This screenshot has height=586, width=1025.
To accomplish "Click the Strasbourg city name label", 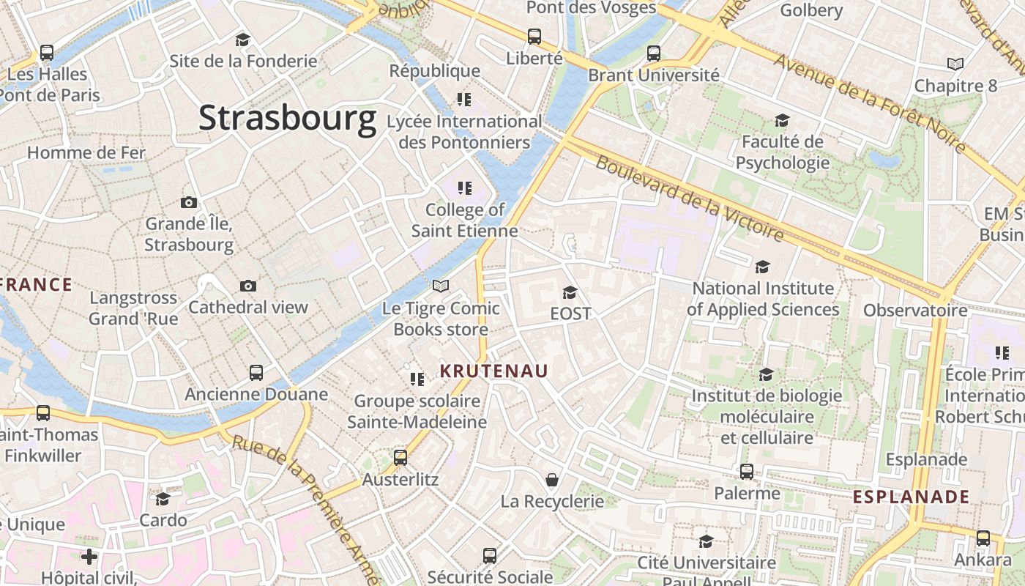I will pos(287,118).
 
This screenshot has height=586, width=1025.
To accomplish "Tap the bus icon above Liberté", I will pos(534,36).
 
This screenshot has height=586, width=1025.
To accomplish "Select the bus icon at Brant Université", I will pos(653,53).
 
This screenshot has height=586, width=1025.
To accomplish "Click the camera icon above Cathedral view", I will pos(248,286).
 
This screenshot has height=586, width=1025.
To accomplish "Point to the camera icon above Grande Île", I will pos(189,202).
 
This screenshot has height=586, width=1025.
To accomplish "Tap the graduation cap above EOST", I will pos(570,293).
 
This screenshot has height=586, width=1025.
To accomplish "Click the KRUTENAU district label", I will pos(493,371).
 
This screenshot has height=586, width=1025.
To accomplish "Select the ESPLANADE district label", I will pos(911,497).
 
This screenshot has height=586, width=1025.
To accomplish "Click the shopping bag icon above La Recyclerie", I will pos(552,480).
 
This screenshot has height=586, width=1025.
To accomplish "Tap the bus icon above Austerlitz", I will pos(400,458).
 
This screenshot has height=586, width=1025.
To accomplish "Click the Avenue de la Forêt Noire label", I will pos(871,103).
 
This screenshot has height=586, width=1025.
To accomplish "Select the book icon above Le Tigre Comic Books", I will pos(440,286).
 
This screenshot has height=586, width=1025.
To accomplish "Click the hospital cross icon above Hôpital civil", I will pos(89,557).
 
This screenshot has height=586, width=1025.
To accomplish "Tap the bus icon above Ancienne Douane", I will pos(256,373).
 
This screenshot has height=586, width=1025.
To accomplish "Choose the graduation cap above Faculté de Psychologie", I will pos(782,120).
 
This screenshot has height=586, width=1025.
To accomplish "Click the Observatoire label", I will pos(915,311).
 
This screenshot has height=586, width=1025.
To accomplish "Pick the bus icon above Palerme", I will pos(747,472).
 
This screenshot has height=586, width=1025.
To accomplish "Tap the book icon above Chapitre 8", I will pos(955,64).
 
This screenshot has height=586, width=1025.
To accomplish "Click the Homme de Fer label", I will pos(86,153).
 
